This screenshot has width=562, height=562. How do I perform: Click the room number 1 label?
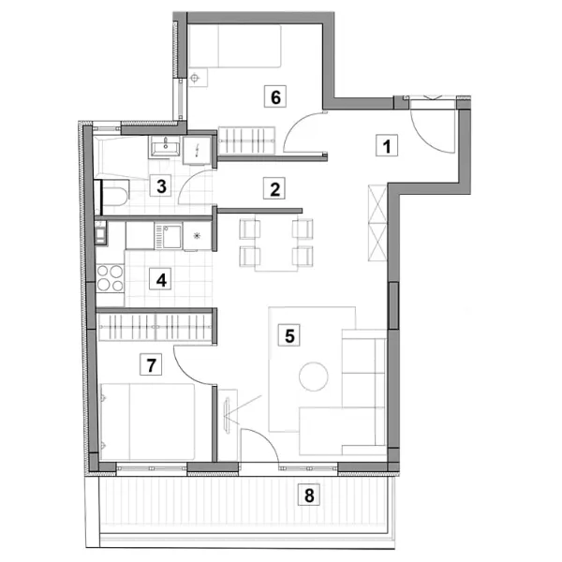[x=387, y=145]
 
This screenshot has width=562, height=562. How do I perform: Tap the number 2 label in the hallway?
[x=274, y=188]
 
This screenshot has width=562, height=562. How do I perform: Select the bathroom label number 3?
[x=161, y=185]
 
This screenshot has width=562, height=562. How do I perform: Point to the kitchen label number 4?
[x=161, y=279]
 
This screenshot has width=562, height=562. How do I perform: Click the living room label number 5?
[x=289, y=335]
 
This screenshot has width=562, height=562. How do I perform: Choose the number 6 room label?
[x=275, y=96]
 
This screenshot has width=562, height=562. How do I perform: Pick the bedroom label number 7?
[x=151, y=364]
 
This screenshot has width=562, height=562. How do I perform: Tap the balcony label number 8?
[x=309, y=495]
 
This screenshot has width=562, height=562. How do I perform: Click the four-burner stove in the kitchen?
[x=111, y=278]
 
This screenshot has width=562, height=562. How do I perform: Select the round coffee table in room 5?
[x=314, y=377]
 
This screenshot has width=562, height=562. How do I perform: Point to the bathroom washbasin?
[x=165, y=147]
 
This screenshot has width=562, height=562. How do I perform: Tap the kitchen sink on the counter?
[x=169, y=236]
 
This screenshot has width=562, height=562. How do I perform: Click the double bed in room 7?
[x=148, y=421]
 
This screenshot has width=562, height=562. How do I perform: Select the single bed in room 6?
[x=234, y=46]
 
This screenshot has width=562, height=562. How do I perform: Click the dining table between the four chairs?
[x=276, y=244]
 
